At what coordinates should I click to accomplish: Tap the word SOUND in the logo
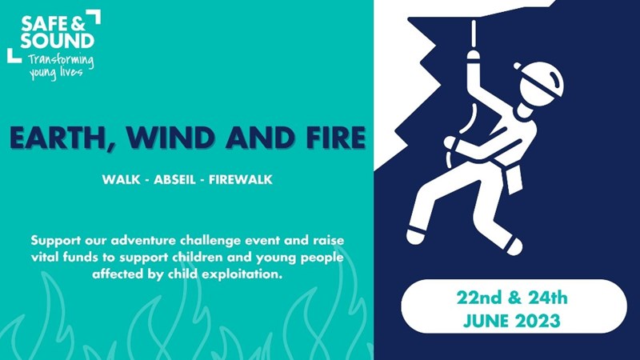coord(58,41)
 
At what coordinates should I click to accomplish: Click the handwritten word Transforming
coord(61,61)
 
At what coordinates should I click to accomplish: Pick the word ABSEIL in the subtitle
coord(174,179)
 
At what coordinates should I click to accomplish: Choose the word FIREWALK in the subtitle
coord(241,179)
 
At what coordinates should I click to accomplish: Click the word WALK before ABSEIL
coord(122,179)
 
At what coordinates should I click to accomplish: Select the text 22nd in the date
coord(478,298)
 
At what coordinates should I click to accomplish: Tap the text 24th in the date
coord(548,298)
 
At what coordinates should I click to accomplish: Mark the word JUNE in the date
coord(486,321)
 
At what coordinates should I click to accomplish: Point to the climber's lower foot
coord(514,246)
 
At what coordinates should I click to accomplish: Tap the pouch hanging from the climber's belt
coord(514,178)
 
